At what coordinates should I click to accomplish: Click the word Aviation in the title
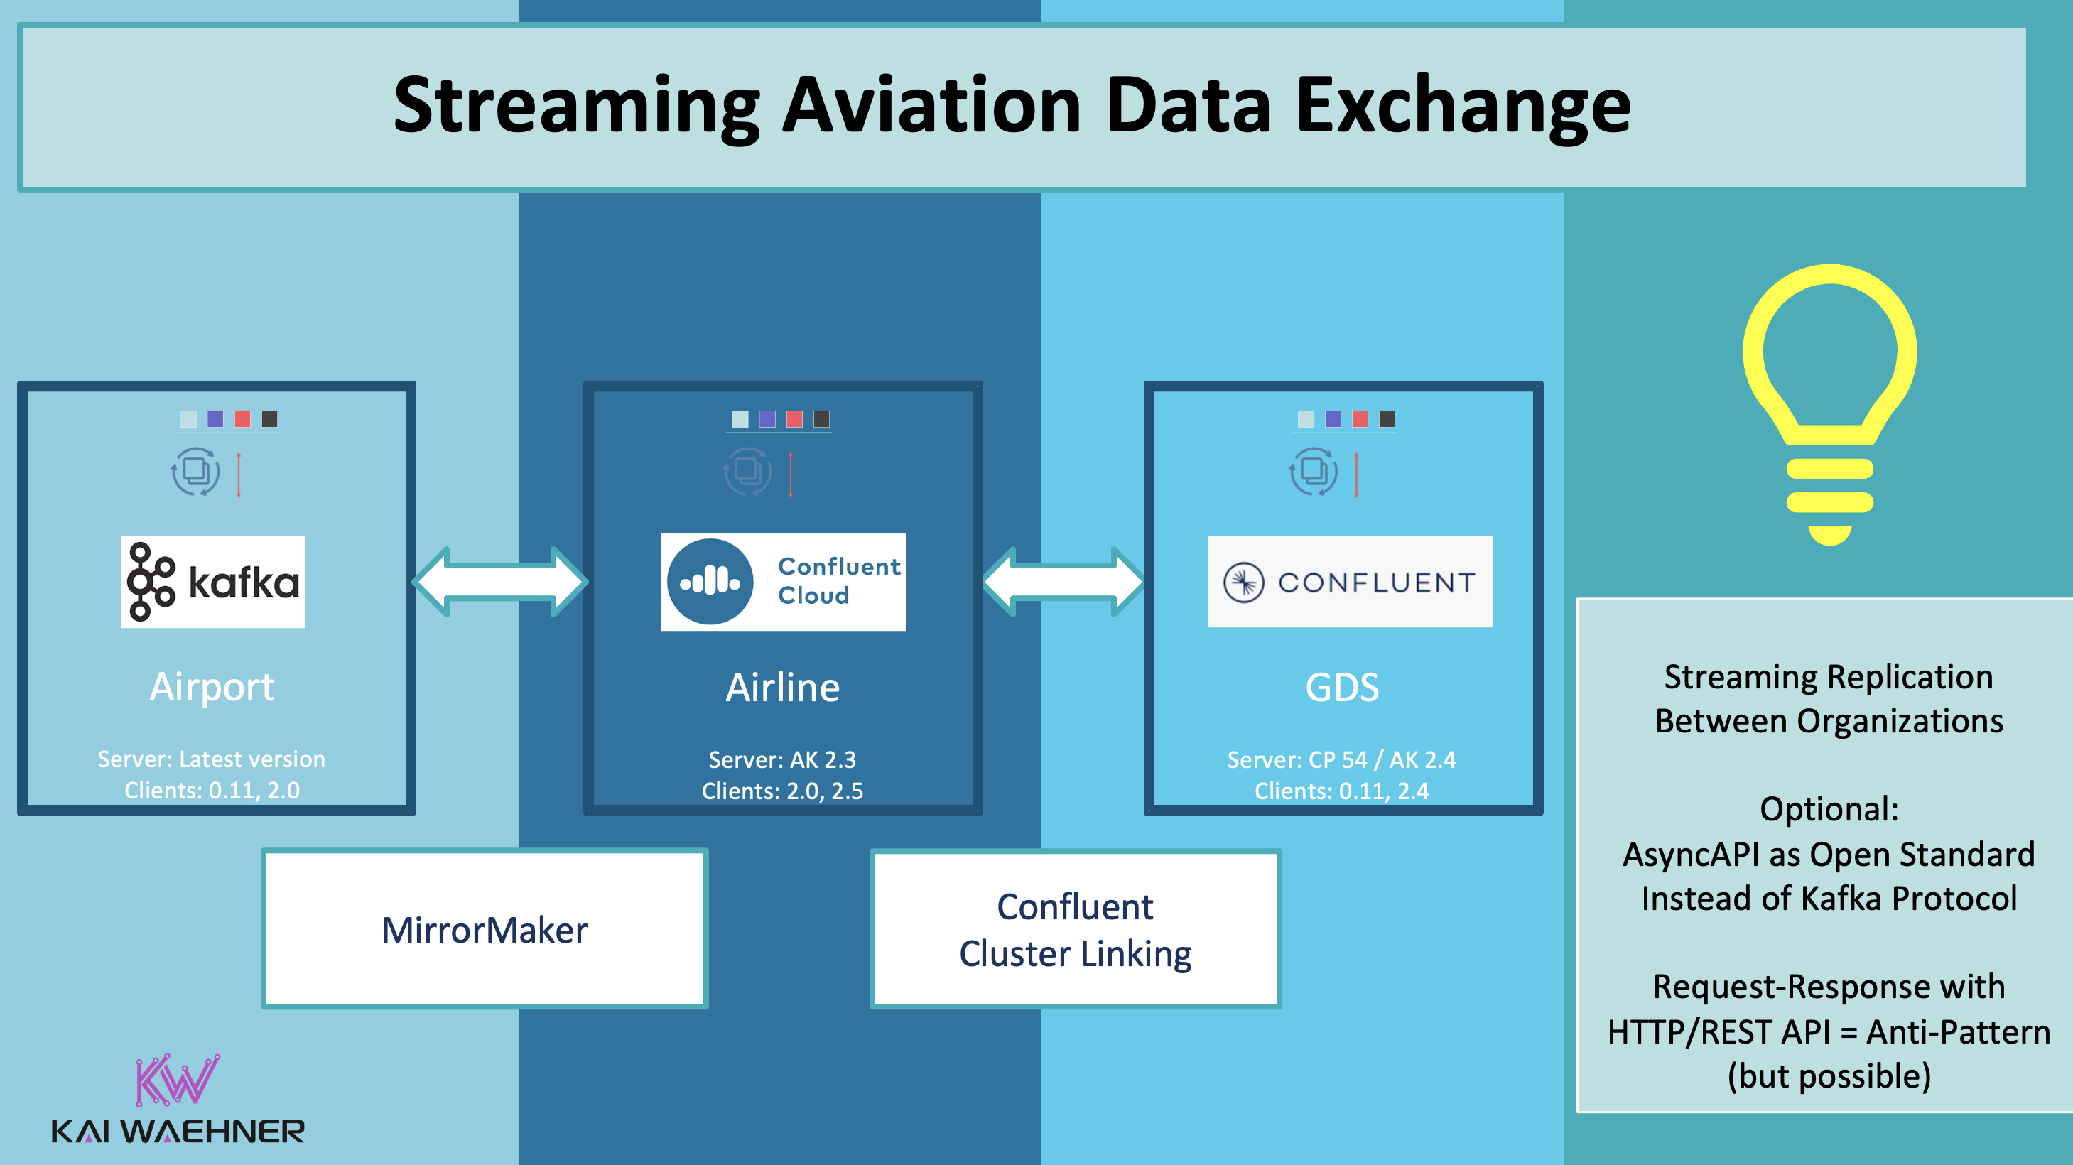click(931, 104)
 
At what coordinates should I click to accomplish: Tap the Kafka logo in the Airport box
click(212, 581)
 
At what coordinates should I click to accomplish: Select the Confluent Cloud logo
click(782, 581)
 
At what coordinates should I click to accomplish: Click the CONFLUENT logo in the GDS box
click(1350, 582)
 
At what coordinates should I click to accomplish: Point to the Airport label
click(212, 687)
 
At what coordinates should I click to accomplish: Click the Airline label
click(782, 688)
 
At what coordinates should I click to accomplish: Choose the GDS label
click(1341, 688)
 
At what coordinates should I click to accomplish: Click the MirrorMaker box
click(485, 929)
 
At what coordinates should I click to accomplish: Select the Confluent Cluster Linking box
click(1075, 929)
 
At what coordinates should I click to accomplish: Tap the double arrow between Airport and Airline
click(501, 581)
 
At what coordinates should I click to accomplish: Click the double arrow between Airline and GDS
click(1063, 581)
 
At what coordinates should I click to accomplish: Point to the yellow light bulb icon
click(1829, 402)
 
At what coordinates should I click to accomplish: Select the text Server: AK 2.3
click(782, 759)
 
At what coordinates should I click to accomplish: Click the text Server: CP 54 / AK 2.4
click(1341, 759)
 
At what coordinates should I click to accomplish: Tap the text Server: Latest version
click(212, 759)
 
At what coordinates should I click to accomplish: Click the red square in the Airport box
click(242, 419)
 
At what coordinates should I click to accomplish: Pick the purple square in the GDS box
click(1333, 419)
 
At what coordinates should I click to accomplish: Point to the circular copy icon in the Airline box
click(747, 472)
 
